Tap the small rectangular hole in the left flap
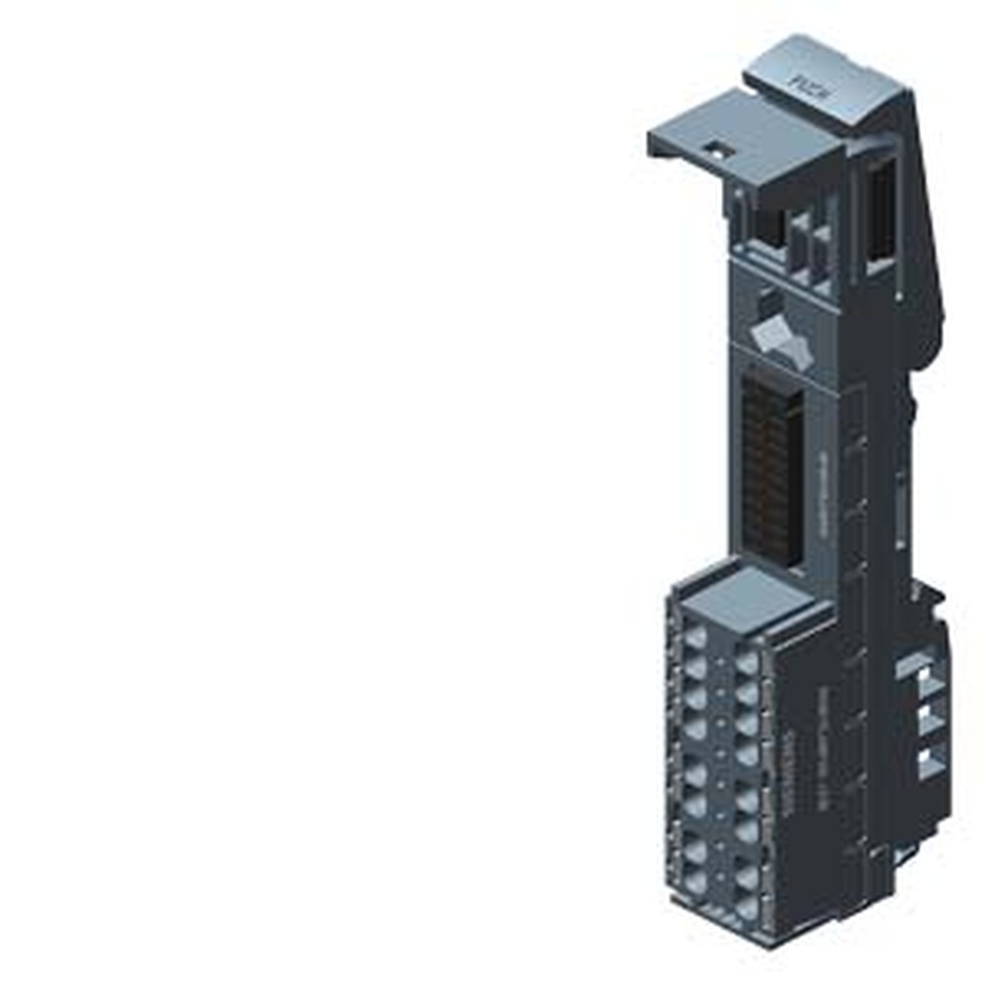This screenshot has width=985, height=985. [715, 151]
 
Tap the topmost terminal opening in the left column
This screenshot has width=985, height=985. [694, 638]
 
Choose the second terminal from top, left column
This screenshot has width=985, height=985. [694, 668]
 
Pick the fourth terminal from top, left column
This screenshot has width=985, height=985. [694, 729]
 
